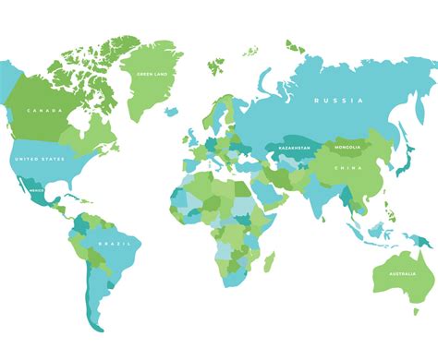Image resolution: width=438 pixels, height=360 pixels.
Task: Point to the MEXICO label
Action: pyautogui.click(x=38, y=190)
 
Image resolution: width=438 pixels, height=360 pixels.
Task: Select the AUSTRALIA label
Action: pyautogui.click(x=400, y=272)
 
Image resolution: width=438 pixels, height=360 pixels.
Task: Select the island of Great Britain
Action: pyautogui.click(x=190, y=129)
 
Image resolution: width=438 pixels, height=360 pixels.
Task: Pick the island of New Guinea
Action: pyautogui.click(x=417, y=239)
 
